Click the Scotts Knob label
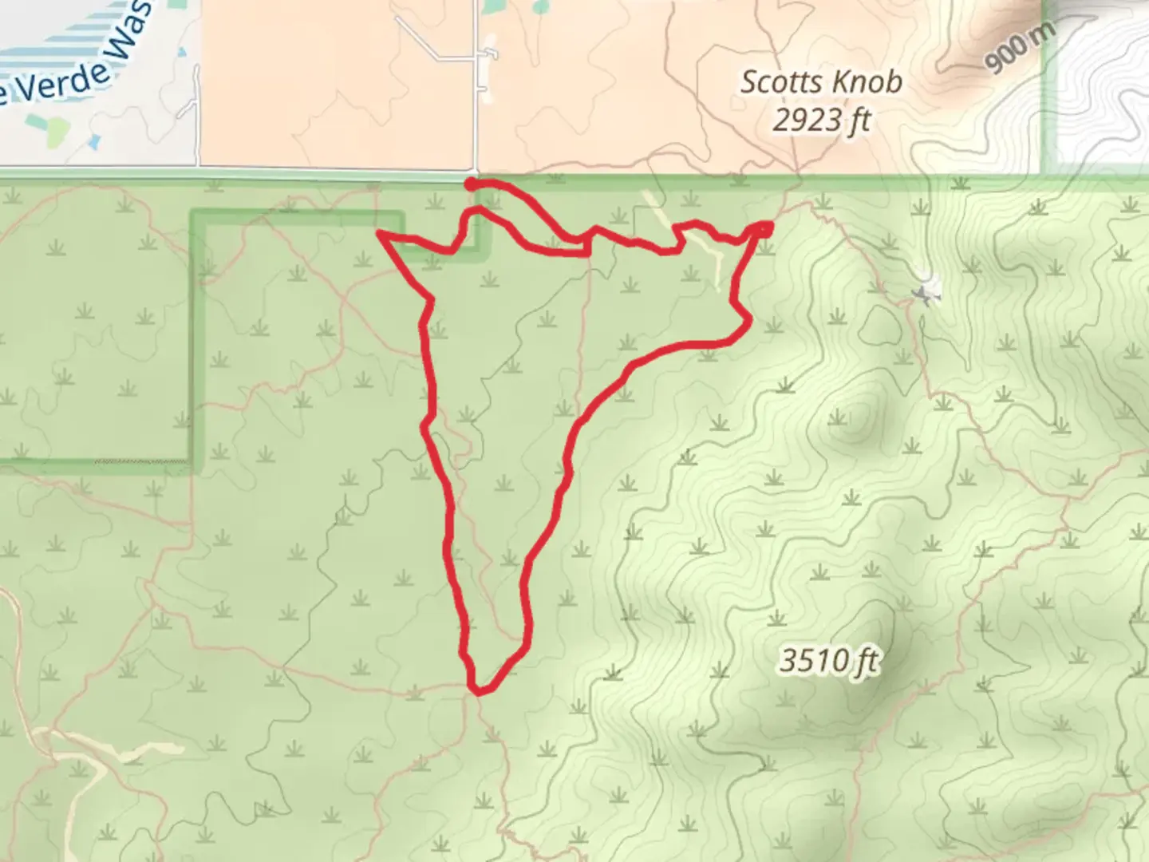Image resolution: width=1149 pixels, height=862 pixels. pos(821,81)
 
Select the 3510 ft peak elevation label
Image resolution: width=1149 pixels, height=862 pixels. pos(829,661)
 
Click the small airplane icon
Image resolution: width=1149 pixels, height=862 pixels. pos(926,295)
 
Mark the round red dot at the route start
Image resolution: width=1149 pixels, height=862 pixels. pos(471,184)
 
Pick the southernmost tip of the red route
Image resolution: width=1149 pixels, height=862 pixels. pos(478,691)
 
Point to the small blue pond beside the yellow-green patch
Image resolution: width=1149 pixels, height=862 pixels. pos(95,142)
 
